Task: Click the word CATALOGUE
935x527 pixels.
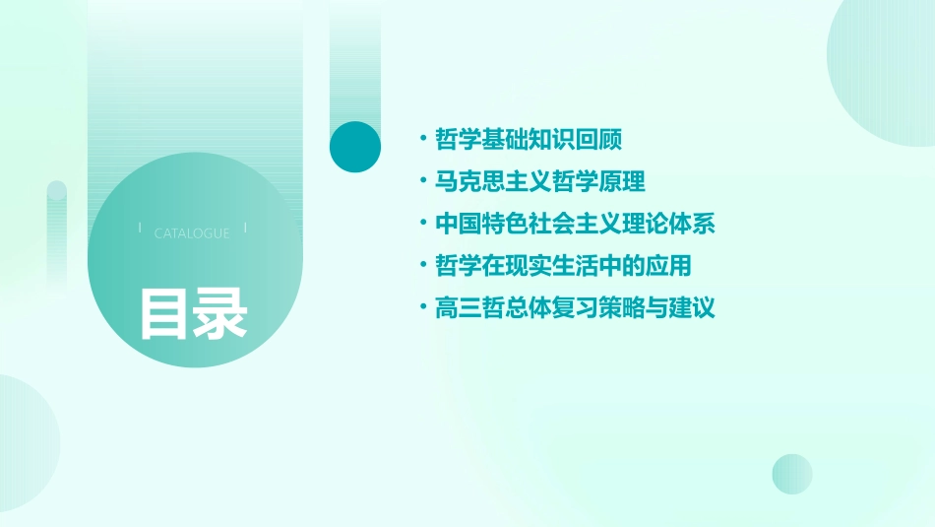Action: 192,233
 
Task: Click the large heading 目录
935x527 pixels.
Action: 193,313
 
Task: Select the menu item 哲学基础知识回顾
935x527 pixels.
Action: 529,139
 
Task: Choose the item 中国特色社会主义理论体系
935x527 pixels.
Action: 575,224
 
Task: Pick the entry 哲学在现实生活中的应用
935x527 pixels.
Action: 564,266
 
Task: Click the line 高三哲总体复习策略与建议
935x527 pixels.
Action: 575,308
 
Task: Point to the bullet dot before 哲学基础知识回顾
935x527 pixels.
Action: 423,139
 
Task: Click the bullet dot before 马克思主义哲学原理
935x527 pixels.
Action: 423,181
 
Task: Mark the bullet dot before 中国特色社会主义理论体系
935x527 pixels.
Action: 423,224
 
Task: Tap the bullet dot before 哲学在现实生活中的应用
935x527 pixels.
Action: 423,266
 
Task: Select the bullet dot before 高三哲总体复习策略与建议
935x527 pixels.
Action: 423,308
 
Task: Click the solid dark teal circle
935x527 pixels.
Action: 355,147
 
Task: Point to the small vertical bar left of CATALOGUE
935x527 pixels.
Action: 140,228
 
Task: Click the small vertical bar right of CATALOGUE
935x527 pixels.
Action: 245,228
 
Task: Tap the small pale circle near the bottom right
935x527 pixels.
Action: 792,474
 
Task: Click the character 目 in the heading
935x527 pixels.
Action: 164,313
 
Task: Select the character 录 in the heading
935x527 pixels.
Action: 220,313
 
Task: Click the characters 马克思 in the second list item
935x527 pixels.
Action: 470,181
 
